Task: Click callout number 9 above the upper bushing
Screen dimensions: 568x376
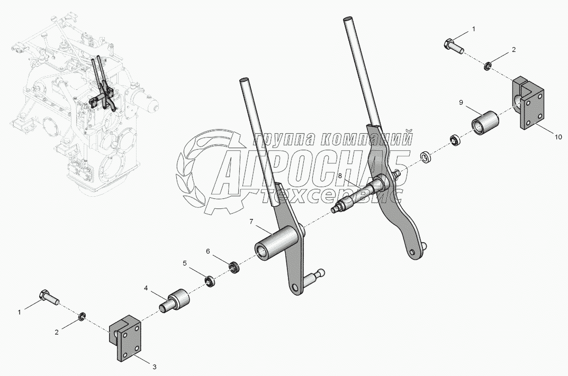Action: click(461, 102)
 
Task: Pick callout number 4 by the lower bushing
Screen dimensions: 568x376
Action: click(146, 289)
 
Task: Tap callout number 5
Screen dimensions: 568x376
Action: click(185, 262)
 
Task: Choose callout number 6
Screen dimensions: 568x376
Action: click(208, 251)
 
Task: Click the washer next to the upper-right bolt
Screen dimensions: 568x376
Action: click(486, 66)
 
